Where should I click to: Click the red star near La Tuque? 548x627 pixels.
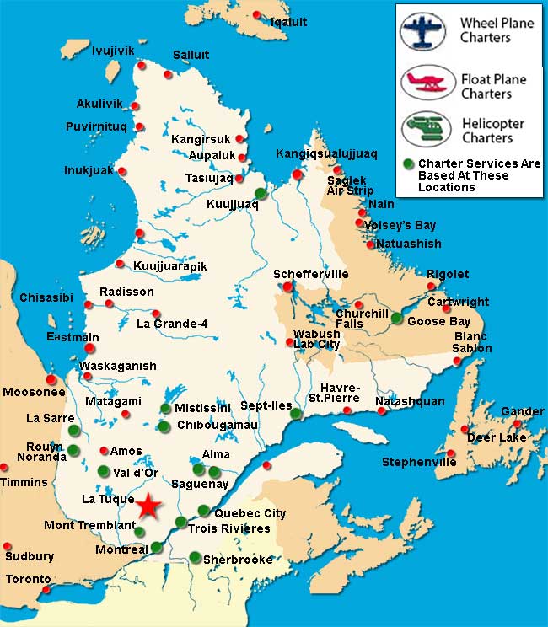coord(148,506)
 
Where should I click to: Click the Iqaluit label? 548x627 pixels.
coord(289,21)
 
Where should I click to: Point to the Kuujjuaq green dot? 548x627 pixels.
coord(261,193)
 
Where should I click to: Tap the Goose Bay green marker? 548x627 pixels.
coord(397,318)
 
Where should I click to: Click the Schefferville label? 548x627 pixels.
coord(310,275)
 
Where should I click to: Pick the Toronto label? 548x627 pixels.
coord(28,580)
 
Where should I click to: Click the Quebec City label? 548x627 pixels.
coord(250,513)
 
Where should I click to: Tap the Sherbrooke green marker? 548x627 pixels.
coord(196,556)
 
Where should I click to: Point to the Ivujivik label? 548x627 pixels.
coord(113,51)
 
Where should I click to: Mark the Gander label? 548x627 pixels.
coord(523,411)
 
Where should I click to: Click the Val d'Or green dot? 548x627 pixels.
coord(103,471)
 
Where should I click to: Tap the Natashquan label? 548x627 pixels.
coord(410,401)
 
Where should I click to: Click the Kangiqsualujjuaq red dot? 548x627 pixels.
coord(297,174)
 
